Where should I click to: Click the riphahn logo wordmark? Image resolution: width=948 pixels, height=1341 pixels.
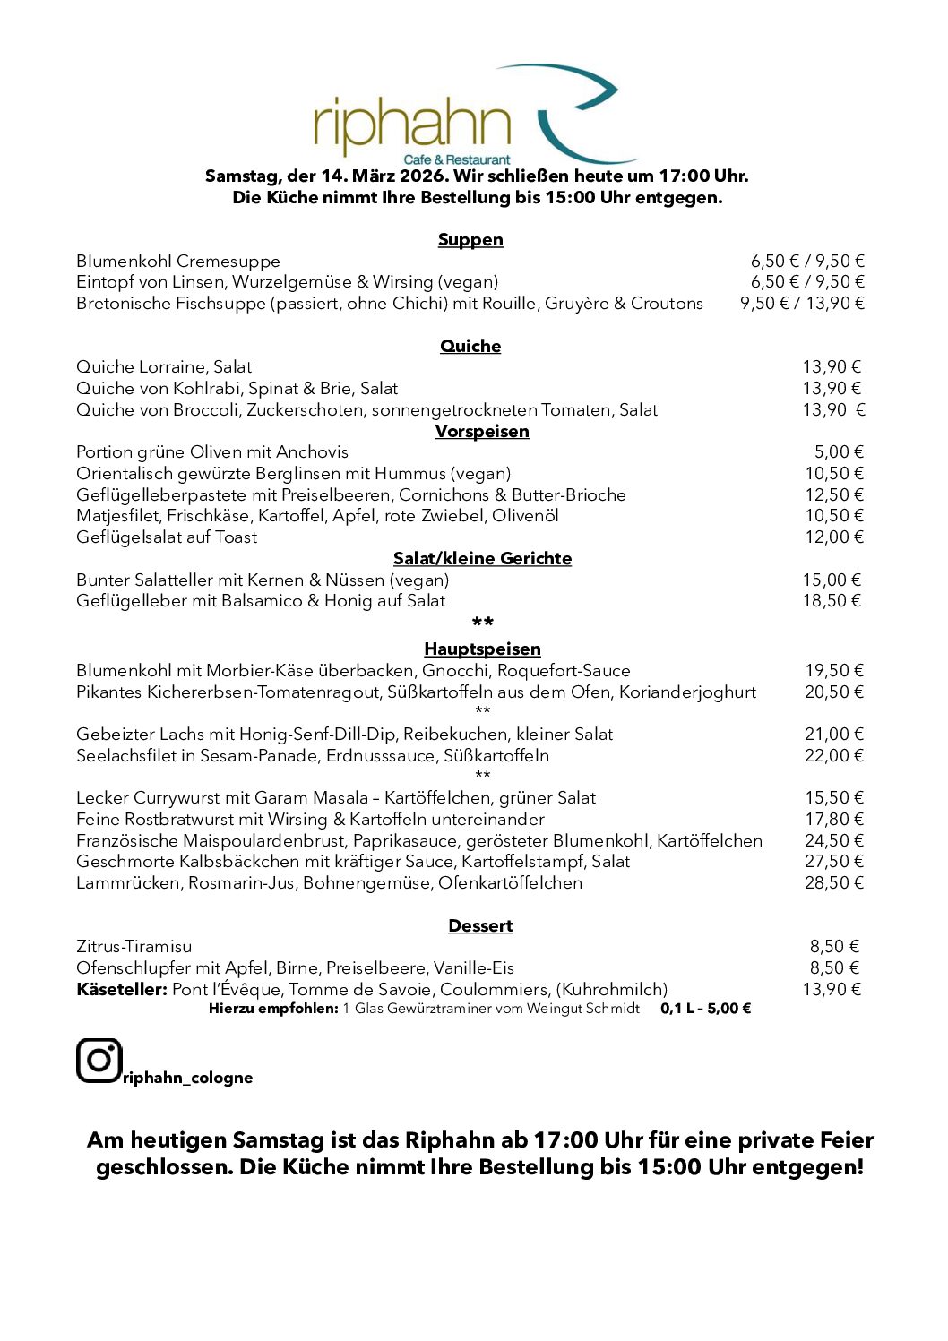click(412, 126)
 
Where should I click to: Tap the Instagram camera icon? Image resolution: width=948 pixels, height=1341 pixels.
click(99, 1061)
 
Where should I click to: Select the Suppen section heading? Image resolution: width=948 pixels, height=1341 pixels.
click(470, 239)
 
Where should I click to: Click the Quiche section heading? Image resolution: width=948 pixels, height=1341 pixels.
click(470, 346)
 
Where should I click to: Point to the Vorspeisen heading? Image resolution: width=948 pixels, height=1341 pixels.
click(482, 431)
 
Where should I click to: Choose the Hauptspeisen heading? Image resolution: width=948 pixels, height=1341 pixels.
click(482, 649)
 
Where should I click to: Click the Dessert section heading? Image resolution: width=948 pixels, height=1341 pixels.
click(480, 925)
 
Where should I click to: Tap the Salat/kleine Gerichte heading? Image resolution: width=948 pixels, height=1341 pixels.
click(482, 558)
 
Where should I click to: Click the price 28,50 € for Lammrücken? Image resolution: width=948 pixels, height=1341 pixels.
click(833, 883)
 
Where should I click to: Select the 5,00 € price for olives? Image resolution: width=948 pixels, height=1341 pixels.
click(839, 452)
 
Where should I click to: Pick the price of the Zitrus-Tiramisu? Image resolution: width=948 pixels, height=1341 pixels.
click(834, 947)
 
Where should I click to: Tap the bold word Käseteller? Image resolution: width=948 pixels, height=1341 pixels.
click(122, 990)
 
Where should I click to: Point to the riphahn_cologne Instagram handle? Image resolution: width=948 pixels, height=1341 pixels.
click(188, 1078)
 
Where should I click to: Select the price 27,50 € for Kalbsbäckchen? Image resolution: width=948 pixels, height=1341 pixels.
click(833, 862)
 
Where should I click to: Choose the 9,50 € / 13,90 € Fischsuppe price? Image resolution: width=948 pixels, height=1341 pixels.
click(802, 304)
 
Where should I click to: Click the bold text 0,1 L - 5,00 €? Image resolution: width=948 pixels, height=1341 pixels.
click(705, 1009)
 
